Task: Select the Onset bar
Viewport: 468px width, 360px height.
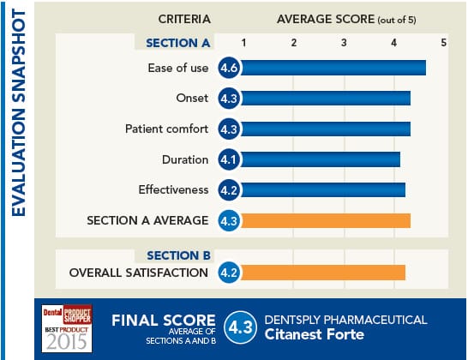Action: click(326, 99)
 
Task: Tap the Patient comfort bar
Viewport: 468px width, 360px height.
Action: click(326, 129)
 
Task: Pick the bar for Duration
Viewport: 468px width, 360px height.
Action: click(321, 159)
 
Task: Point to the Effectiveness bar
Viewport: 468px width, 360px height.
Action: click(323, 189)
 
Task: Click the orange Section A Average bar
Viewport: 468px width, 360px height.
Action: click(326, 220)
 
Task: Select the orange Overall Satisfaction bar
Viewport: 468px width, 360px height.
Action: click(323, 273)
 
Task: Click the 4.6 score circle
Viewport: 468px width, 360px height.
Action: click(229, 69)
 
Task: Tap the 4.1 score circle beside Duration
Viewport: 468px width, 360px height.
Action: click(229, 159)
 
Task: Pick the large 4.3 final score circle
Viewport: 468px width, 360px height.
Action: click(239, 327)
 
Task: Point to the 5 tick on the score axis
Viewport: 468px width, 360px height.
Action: click(443, 42)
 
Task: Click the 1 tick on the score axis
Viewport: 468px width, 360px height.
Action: click(244, 42)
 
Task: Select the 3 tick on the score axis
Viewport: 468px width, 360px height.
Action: click(344, 42)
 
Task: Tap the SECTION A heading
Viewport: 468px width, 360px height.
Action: click(177, 42)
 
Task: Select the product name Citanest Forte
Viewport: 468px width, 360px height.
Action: click(315, 335)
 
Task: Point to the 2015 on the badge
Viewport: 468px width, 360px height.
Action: click(68, 342)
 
